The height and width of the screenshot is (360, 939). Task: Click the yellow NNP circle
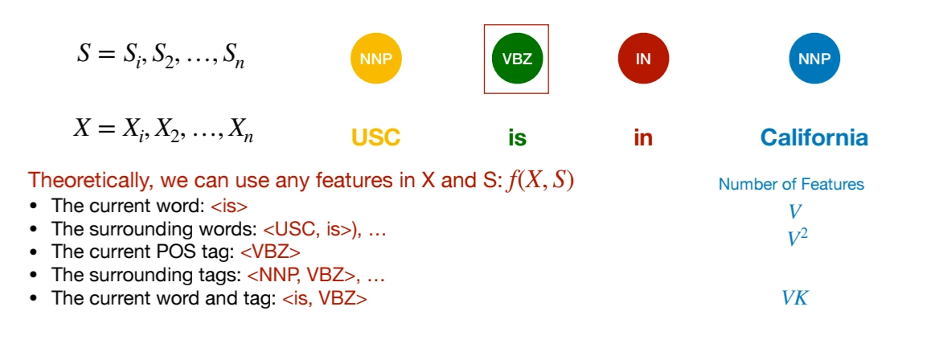coord(375,59)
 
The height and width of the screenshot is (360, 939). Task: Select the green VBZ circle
coord(516,59)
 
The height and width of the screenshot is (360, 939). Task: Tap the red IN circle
coord(642,59)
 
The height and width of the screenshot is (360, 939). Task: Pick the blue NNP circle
coord(814,59)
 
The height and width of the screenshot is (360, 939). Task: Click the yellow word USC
coord(375,137)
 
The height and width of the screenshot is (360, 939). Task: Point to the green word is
coord(517,137)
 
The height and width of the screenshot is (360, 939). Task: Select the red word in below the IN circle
coord(642,137)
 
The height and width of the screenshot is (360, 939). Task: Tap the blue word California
coord(814,137)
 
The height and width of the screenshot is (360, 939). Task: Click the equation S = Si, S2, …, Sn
coord(160,56)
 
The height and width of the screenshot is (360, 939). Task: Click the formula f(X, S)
coord(539,181)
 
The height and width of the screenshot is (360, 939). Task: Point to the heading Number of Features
coord(791,184)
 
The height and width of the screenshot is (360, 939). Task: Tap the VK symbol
coord(794,298)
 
